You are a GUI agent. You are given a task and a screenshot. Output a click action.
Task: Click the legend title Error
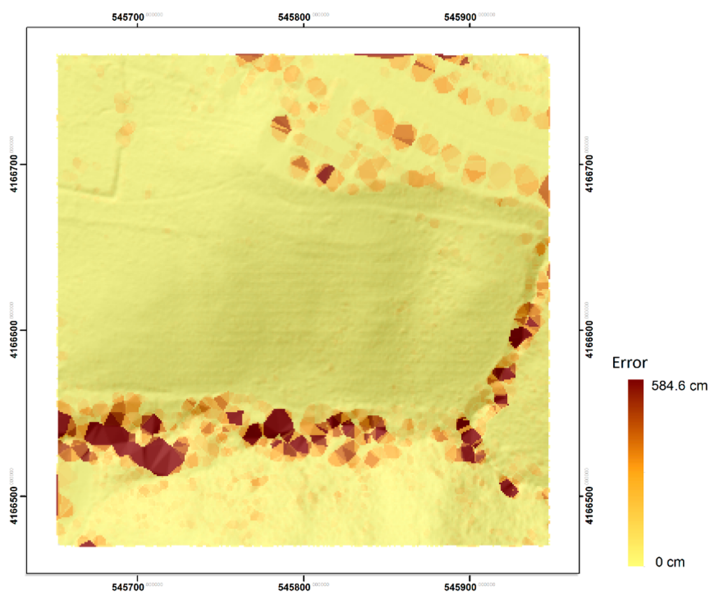[629, 363]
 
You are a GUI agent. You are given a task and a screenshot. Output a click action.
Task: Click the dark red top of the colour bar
[635, 386]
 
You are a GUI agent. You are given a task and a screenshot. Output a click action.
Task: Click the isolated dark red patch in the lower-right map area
[508, 487]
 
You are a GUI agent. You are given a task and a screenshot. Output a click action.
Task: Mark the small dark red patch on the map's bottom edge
[87, 543]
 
